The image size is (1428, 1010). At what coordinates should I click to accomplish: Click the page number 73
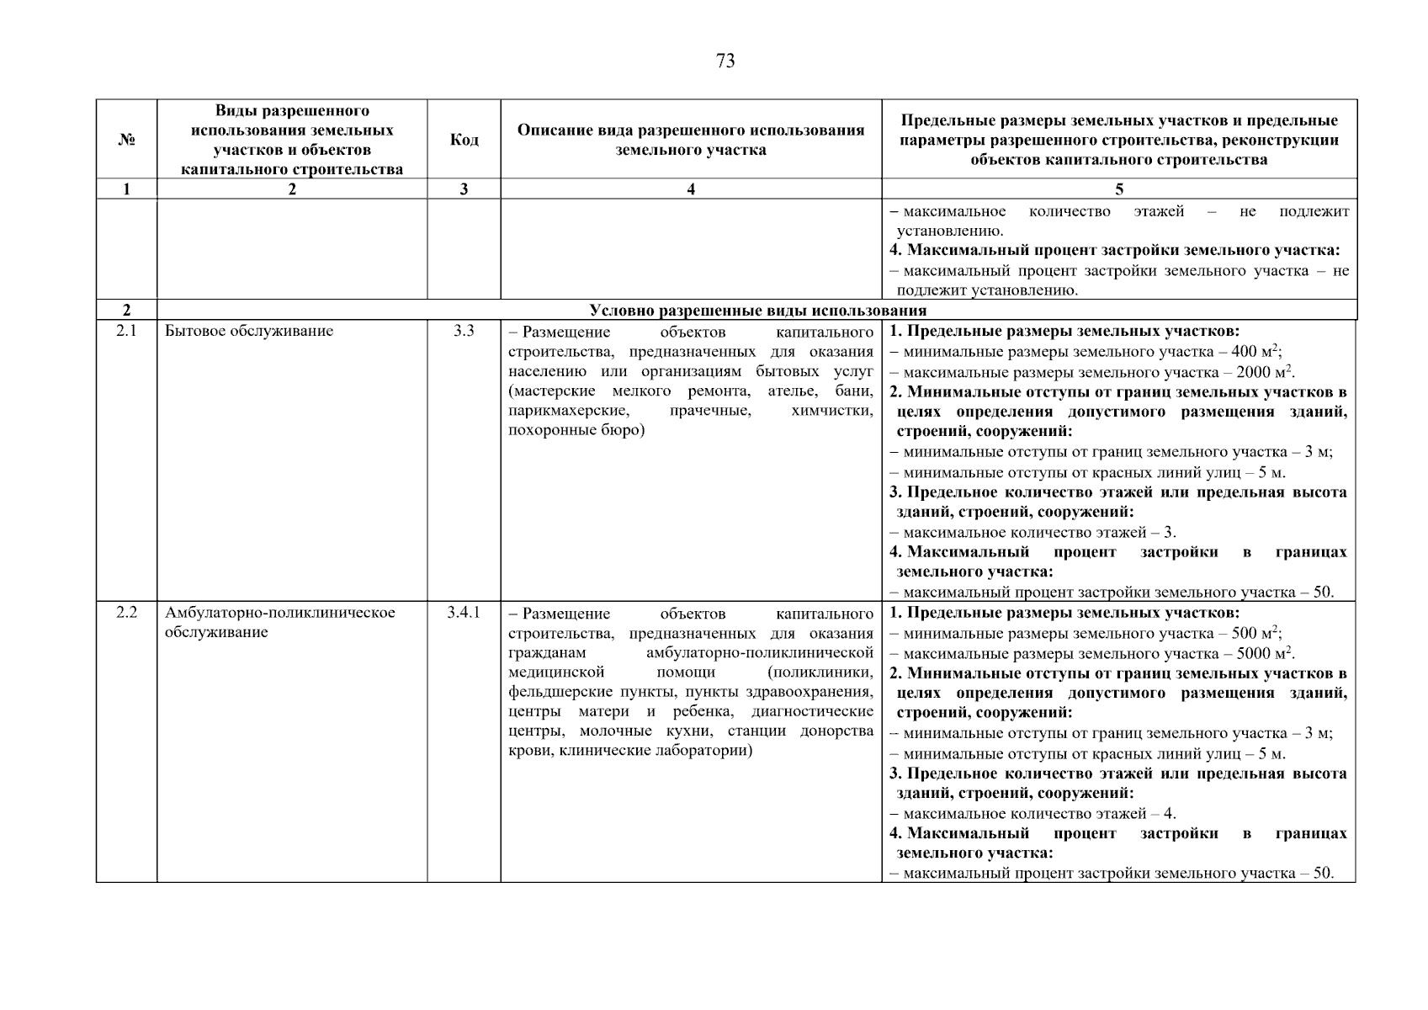click(725, 61)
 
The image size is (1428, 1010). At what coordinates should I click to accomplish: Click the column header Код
click(464, 140)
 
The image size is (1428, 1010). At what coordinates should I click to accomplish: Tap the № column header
click(126, 140)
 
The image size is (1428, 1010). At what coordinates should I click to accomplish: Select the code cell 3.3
click(464, 331)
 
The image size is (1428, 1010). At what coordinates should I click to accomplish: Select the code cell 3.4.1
click(464, 612)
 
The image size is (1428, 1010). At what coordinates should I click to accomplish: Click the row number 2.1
click(126, 331)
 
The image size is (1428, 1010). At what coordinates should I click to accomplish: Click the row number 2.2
click(126, 612)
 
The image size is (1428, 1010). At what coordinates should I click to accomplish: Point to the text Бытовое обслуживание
click(249, 331)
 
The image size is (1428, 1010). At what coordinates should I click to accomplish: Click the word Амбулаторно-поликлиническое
click(280, 612)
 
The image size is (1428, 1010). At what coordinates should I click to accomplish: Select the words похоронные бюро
click(576, 431)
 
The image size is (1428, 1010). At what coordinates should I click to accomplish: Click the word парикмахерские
click(568, 411)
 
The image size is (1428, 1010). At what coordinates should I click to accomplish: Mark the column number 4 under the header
click(691, 189)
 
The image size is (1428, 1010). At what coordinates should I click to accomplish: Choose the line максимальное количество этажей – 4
click(1033, 814)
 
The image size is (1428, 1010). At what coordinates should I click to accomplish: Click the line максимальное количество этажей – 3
click(1033, 533)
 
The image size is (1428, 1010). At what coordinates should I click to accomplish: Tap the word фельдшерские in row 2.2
click(552, 692)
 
